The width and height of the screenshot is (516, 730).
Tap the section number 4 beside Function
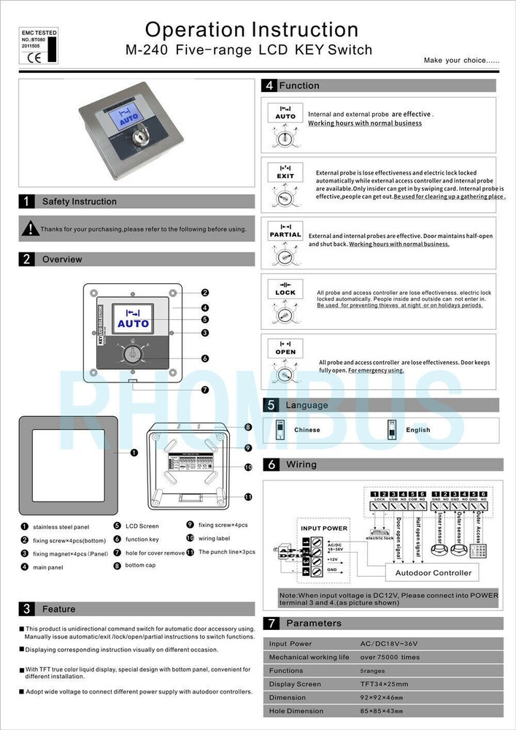coord(269,85)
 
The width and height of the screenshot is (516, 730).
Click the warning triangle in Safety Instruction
coord(30,228)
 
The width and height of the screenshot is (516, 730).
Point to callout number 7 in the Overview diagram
coord(205,389)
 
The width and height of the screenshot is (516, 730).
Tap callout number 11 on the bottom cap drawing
coord(248,496)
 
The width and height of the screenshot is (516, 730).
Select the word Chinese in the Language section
coord(307,430)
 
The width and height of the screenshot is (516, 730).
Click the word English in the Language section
coord(419,430)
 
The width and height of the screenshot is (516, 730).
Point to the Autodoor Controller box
coord(432,572)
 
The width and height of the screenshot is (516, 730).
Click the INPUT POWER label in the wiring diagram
coord(324,528)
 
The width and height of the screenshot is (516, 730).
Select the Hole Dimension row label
coord(296,710)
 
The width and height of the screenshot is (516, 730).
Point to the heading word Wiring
coord(301,464)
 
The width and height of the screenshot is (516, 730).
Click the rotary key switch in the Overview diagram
coord(133,356)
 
